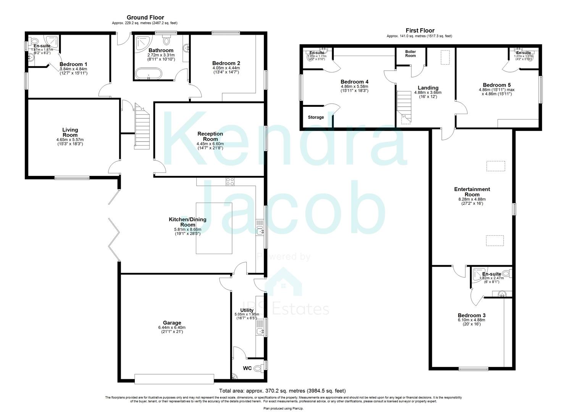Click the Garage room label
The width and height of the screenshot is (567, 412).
point(172,323)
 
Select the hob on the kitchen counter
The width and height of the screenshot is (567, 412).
point(230,182)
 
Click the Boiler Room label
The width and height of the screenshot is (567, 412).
point(410,53)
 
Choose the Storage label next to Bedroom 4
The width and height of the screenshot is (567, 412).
point(316,117)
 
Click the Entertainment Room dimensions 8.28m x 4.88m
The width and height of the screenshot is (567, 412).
point(472,199)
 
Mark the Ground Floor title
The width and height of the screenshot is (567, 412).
point(145,18)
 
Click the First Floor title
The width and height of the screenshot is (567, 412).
point(420,31)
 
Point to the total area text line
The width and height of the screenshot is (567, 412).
point(282,391)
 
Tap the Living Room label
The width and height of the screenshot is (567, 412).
point(70,132)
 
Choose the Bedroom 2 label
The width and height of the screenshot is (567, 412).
point(226,63)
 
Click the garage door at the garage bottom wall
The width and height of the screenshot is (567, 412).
point(174,379)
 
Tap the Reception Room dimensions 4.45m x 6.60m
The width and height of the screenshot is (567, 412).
point(210,144)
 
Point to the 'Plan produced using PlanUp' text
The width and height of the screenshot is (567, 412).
point(283,408)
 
